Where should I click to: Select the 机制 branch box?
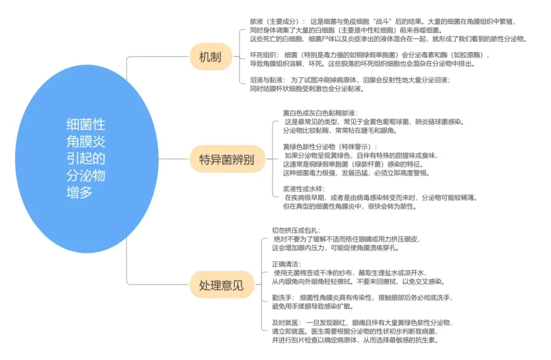pos(210,58)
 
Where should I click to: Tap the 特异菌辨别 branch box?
pos(226,159)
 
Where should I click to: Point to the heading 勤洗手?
pos(283,297)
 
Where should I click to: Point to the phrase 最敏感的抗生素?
pos(408,340)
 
